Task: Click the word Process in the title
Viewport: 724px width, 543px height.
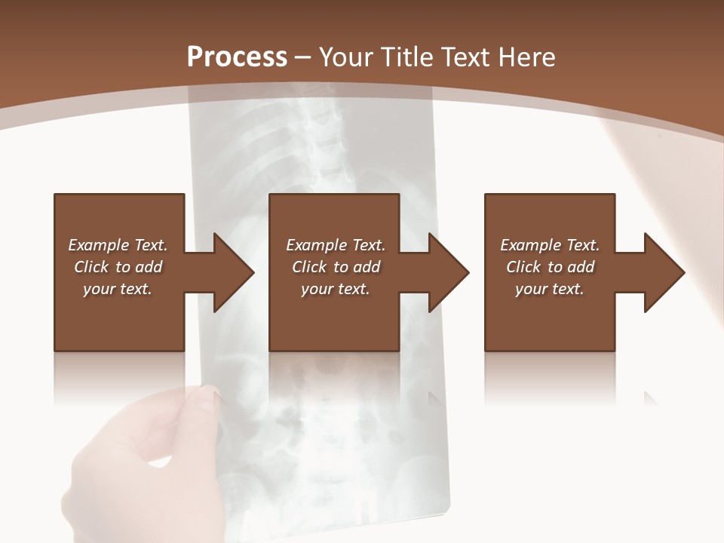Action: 237,57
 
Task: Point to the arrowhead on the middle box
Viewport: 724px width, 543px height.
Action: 448,272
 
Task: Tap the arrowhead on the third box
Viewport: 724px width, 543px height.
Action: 664,272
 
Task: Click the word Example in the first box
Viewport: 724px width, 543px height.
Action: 98,245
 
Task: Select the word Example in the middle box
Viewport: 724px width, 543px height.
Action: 316,245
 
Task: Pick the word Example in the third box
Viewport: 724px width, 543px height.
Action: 530,245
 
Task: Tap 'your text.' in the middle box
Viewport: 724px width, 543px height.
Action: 335,289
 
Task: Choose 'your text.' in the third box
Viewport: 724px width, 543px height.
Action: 549,289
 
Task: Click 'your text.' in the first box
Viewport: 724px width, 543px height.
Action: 117,289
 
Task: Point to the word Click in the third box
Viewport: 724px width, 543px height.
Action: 523,267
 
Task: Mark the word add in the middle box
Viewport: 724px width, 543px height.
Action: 367,267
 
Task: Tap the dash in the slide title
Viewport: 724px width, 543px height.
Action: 302,57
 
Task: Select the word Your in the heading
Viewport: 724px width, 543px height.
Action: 345,57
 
